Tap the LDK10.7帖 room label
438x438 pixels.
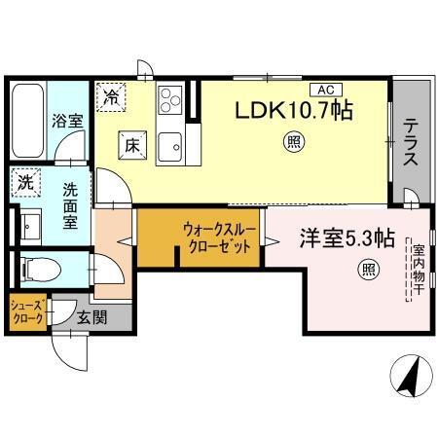pos(291,111)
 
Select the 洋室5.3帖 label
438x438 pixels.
pos(346,237)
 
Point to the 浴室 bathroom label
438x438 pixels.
pos(67,123)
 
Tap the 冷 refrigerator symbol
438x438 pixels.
pos(114,97)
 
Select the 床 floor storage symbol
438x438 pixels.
pos(131,146)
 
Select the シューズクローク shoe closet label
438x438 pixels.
pos(26,311)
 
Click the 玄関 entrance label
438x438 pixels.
pos(92,316)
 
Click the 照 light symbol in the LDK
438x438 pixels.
pos(292,145)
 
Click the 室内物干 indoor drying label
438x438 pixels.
pos(418,274)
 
